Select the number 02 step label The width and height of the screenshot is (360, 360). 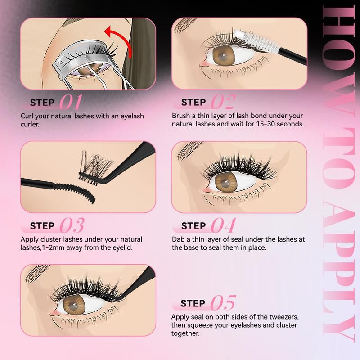pyautogui.click(x=223, y=102)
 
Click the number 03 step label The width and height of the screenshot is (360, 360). pyautogui.click(x=71, y=225)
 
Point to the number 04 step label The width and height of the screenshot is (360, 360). pyautogui.click(x=224, y=225)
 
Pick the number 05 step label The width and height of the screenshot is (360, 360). pyautogui.click(x=223, y=303)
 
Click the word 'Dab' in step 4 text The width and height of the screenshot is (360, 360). pyautogui.click(x=179, y=239)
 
